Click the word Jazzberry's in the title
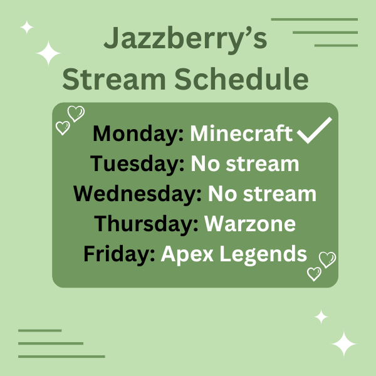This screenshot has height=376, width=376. pyautogui.click(x=185, y=39)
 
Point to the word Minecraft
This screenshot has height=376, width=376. pyautogui.click(x=241, y=133)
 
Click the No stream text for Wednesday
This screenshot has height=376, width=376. pyautogui.click(x=262, y=194)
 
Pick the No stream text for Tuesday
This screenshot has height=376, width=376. pyautogui.click(x=245, y=164)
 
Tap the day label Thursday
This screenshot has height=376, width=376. pyautogui.click(x=145, y=224)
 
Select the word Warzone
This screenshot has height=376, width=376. pyautogui.click(x=249, y=224)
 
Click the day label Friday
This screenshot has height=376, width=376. pyautogui.click(x=119, y=254)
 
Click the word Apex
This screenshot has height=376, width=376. pyautogui.click(x=184, y=254)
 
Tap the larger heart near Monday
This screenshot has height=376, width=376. pyautogui.click(x=76, y=114)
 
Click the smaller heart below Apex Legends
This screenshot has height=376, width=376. pyautogui.click(x=314, y=274)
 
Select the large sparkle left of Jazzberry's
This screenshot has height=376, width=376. pyautogui.click(x=48, y=54)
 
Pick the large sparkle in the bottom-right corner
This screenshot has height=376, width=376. pyautogui.click(x=343, y=344)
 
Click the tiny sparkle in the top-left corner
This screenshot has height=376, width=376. pyautogui.click(x=26, y=27)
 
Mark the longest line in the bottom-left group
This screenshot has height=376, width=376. pyautogui.click(x=61, y=357)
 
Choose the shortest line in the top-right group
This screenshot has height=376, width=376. pyautogui.click(x=336, y=45)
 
